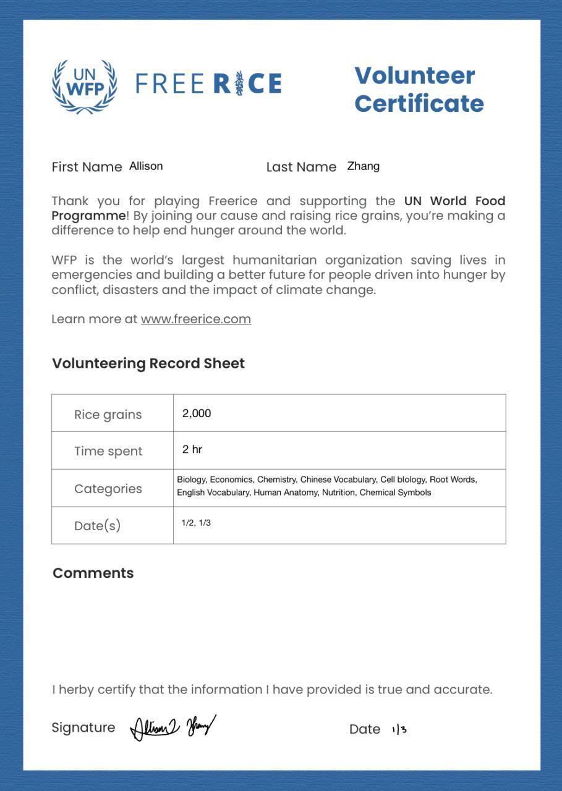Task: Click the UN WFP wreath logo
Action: click(x=84, y=87)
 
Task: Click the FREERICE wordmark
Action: click(x=208, y=83)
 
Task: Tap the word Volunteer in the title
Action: click(x=415, y=75)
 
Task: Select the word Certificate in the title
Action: click(x=419, y=103)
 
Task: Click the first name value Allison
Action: click(x=146, y=166)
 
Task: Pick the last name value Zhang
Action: click(x=364, y=166)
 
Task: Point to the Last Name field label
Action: click(x=301, y=167)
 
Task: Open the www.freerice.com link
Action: click(x=195, y=319)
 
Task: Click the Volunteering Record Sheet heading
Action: click(x=148, y=363)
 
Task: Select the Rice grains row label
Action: click(x=108, y=415)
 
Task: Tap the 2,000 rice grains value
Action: click(x=197, y=413)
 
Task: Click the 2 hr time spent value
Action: click(x=192, y=449)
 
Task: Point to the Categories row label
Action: click(x=108, y=489)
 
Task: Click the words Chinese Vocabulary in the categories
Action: click(x=338, y=480)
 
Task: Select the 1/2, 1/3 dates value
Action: click(x=196, y=523)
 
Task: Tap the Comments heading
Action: click(x=93, y=573)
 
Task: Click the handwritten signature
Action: click(x=173, y=727)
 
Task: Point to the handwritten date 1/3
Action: click(x=399, y=729)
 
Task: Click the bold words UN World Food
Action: click(x=454, y=201)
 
